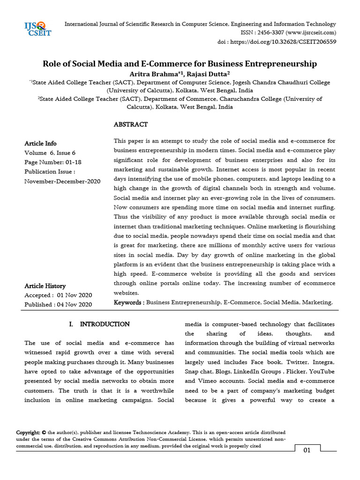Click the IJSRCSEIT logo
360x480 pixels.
point(38,29)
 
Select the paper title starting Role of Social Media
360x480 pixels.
point(180,63)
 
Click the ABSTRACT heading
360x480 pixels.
point(131,124)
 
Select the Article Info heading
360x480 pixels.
point(40,143)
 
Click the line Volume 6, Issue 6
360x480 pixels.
point(50,153)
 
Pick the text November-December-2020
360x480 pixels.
point(62,181)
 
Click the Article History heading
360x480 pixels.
point(45,286)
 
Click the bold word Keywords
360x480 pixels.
point(128,303)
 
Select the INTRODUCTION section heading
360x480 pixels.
point(105,324)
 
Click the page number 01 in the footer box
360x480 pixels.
point(307,450)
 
